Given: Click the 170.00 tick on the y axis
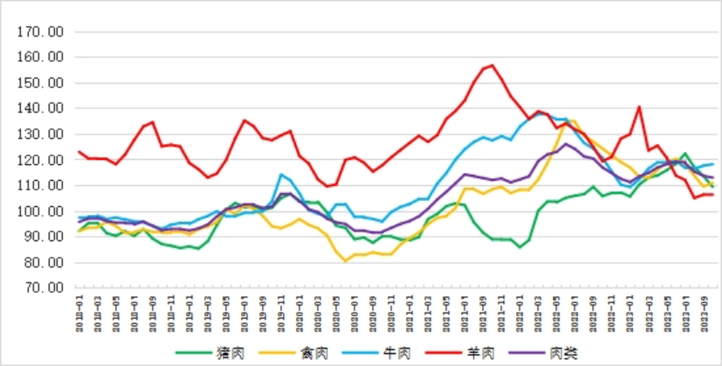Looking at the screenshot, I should pyautogui.click(x=40, y=31).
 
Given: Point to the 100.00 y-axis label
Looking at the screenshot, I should pyautogui.click(x=40, y=211).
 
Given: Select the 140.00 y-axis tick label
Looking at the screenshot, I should pyautogui.click(x=40, y=108).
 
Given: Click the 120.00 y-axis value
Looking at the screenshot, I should pyautogui.click(x=40, y=160).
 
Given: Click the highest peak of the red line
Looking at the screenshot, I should pyautogui.click(x=492, y=65).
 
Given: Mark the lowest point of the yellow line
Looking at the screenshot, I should pyautogui.click(x=346, y=260).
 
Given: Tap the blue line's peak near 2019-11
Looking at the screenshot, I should pyautogui.click(x=281, y=175).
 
